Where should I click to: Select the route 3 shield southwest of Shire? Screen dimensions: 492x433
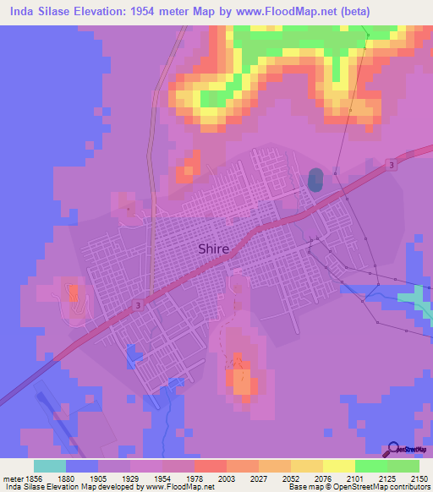point(136,304)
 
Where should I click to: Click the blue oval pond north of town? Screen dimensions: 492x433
point(315,179)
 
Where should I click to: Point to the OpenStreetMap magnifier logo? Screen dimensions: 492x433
point(392,450)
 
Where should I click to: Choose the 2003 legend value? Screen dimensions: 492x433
point(225,478)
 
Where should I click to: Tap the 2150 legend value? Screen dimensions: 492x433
point(418,478)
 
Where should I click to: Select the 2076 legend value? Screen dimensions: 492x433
point(321,478)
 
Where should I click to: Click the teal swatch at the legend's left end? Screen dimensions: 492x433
point(50,466)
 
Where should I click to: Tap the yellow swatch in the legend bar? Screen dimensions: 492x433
point(338,466)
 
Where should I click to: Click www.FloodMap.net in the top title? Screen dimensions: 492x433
point(288,10)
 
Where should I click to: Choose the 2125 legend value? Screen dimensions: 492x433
point(386,478)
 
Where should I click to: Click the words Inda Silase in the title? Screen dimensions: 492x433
point(38,10)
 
